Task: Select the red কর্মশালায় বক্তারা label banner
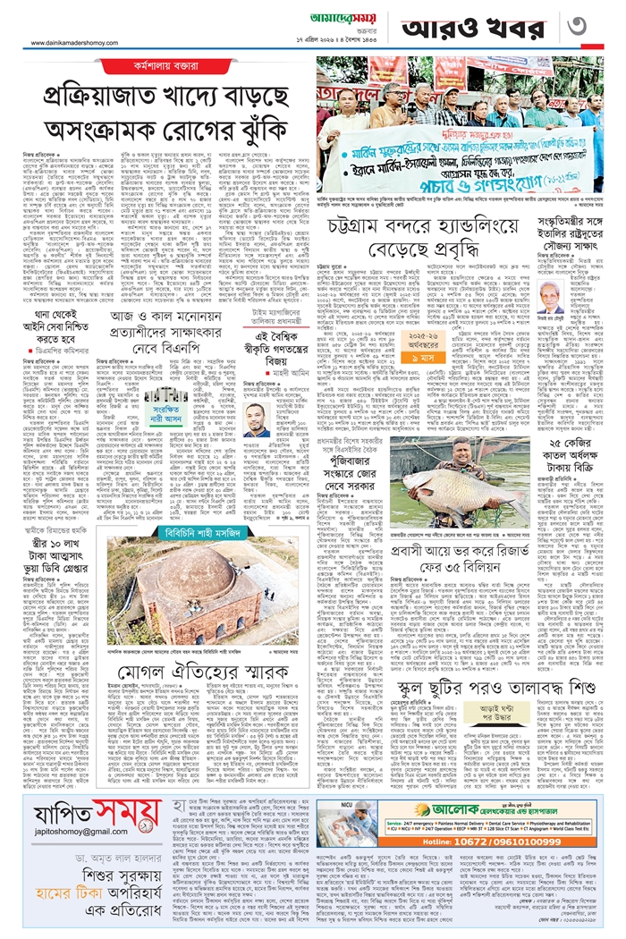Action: tap(156, 66)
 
